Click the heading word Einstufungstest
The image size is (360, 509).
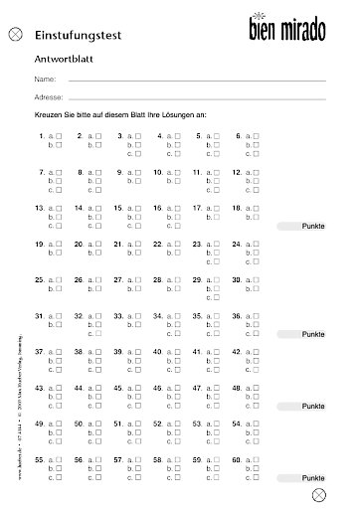pos(78,34)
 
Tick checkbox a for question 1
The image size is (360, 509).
pos(60,135)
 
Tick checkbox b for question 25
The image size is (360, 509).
pos(60,289)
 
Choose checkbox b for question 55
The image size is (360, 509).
pos(60,469)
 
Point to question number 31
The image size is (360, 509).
pos(39,316)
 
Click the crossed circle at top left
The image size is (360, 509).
pos(14,34)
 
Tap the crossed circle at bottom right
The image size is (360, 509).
pos(318,494)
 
